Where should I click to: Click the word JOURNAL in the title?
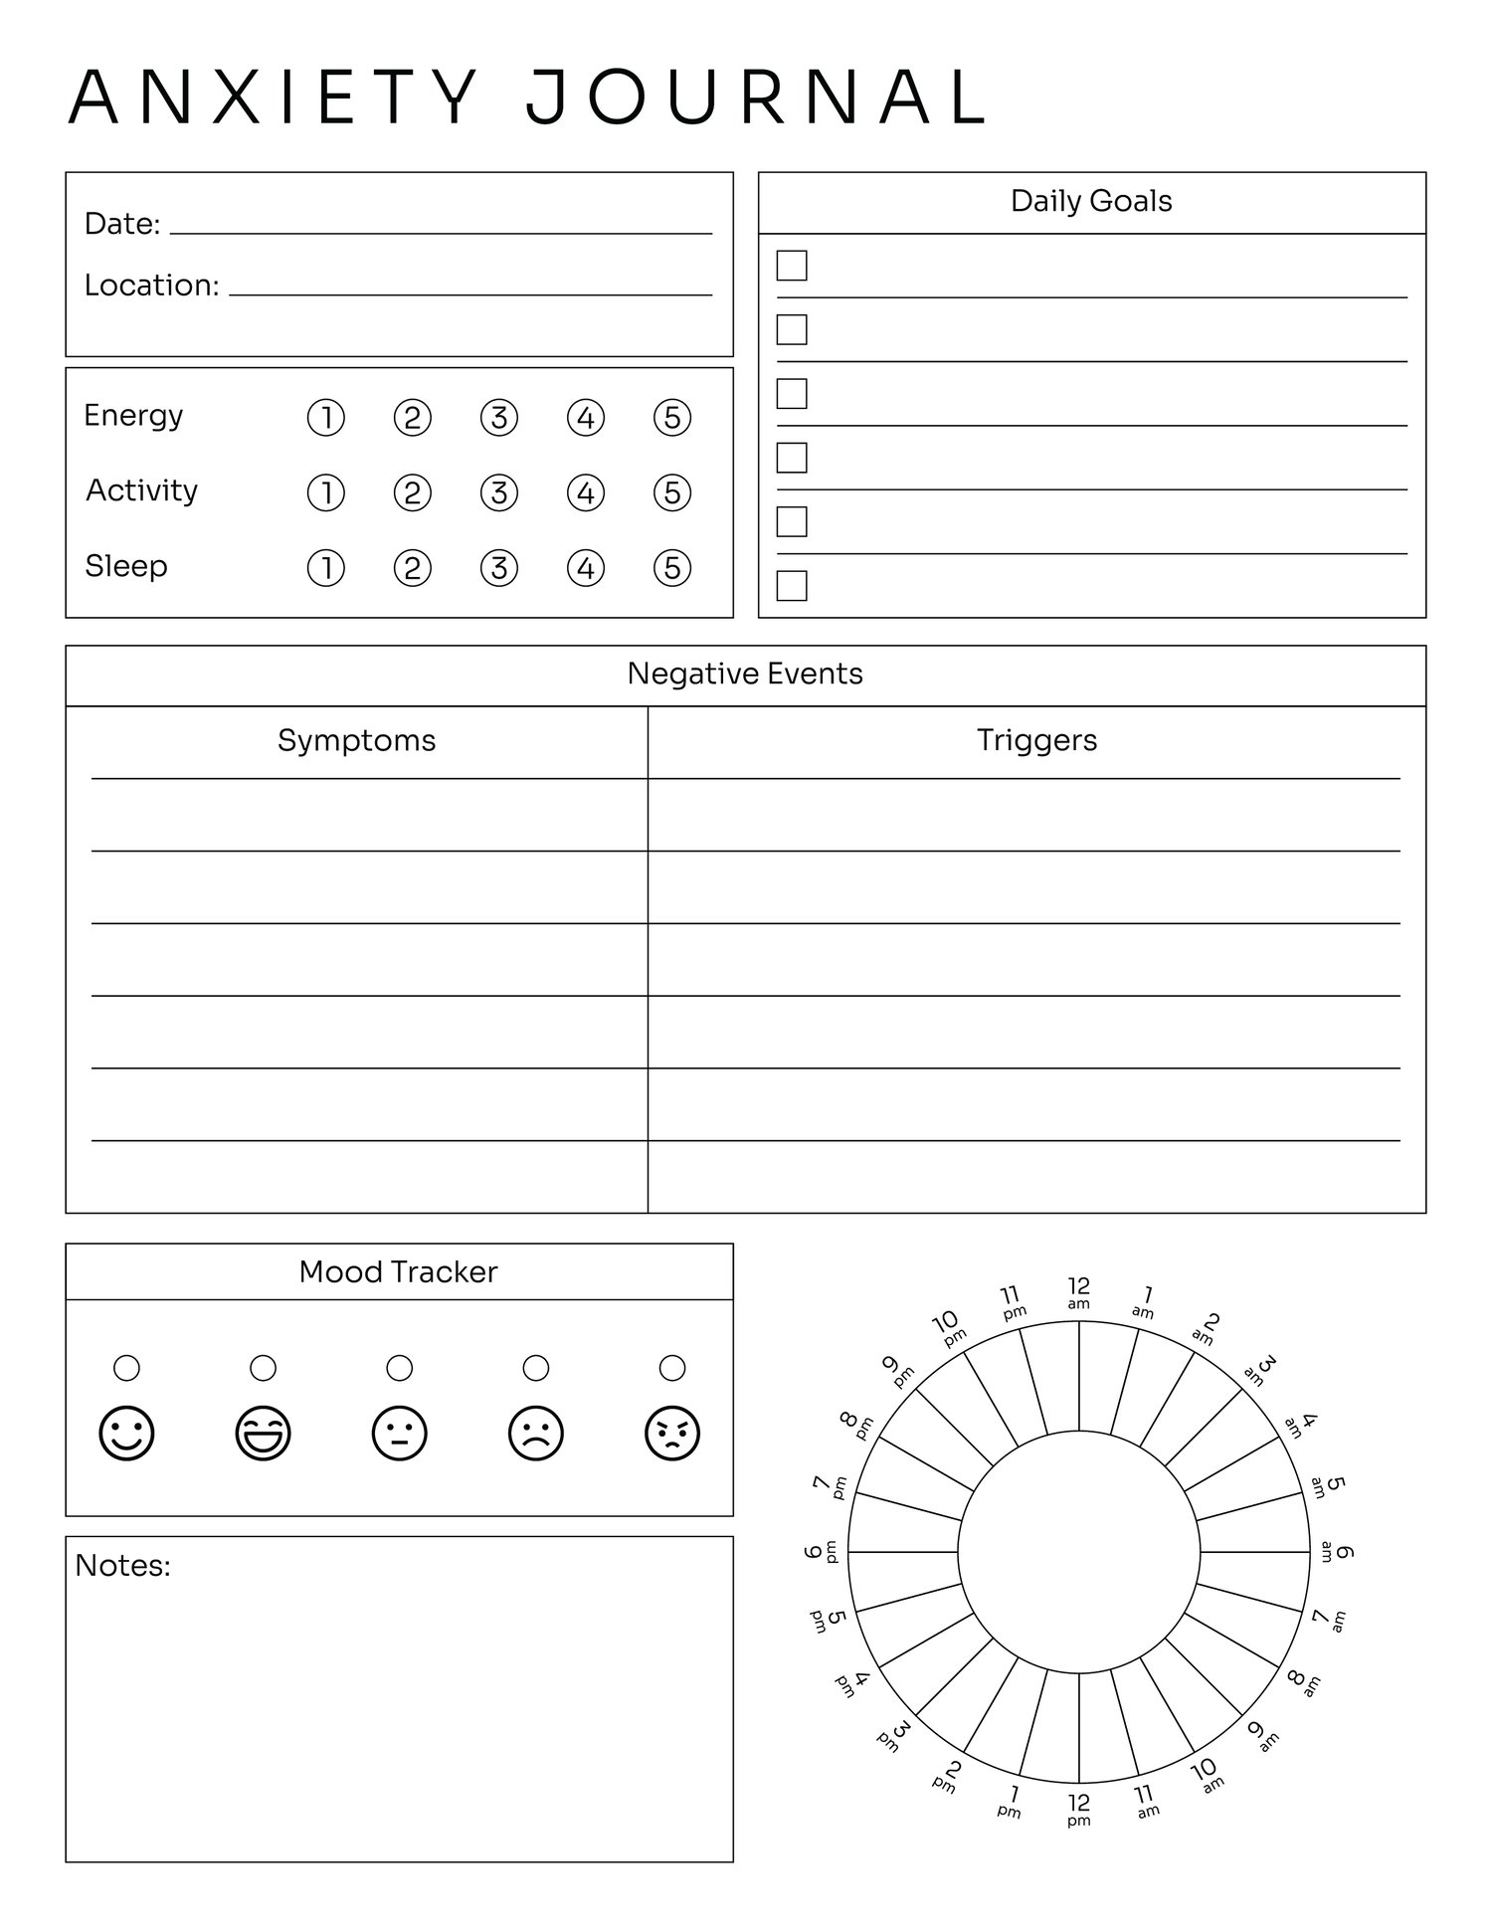tap(756, 97)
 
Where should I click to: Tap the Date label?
tap(121, 224)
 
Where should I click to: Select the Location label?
tap(151, 286)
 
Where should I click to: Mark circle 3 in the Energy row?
tap(499, 418)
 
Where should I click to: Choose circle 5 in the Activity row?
tap(672, 493)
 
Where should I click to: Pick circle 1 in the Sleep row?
tap(326, 568)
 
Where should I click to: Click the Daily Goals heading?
tap(1091, 201)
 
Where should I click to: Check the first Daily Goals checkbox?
tap(792, 266)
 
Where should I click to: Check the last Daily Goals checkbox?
tap(792, 586)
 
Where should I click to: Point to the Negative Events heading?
tap(745, 675)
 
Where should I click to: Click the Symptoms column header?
tap(356, 740)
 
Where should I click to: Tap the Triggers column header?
tap(1036, 740)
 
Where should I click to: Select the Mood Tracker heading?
tap(398, 1272)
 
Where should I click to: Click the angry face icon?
tap(672, 1435)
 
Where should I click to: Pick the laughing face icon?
tap(264, 1435)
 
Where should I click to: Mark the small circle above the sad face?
tap(536, 1368)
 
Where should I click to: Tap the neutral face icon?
tap(400, 1435)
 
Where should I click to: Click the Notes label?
tap(122, 1566)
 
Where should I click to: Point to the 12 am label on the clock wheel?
tap(1079, 1292)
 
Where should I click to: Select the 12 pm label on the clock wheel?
tap(1079, 1808)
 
